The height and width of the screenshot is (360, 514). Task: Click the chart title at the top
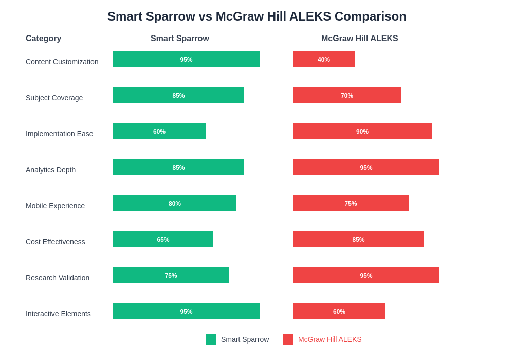(x=256, y=16)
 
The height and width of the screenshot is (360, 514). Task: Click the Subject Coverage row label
(x=54, y=98)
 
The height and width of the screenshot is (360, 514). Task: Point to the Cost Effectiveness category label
(x=56, y=242)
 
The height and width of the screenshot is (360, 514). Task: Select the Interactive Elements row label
(x=58, y=314)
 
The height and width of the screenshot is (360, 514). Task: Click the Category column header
(x=43, y=39)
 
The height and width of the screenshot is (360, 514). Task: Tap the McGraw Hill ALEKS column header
(x=359, y=39)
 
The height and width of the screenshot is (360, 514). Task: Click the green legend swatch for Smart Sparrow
(x=211, y=339)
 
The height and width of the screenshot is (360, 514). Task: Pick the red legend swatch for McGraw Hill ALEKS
(x=288, y=339)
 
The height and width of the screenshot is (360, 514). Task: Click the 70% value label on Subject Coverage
(x=347, y=96)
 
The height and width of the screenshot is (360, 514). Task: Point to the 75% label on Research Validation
(x=171, y=276)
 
